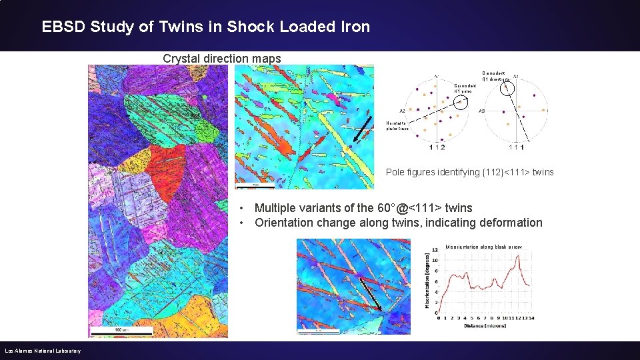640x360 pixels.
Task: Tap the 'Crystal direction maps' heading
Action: [222, 59]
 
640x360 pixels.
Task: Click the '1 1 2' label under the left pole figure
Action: [437, 147]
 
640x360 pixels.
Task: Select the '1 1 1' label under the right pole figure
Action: [518, 147]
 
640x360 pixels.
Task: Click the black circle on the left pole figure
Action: [459, 101]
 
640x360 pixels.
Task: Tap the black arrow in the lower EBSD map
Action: [371, 294]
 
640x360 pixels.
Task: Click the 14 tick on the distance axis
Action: [531, 318]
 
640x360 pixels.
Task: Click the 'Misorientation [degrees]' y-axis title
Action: [427, 281]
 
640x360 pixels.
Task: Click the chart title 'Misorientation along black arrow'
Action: [484, 247]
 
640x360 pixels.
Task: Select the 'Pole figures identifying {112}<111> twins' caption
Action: [469, 173]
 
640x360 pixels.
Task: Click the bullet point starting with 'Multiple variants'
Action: [363, 208]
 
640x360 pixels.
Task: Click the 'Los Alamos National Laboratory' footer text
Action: [43, 351]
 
